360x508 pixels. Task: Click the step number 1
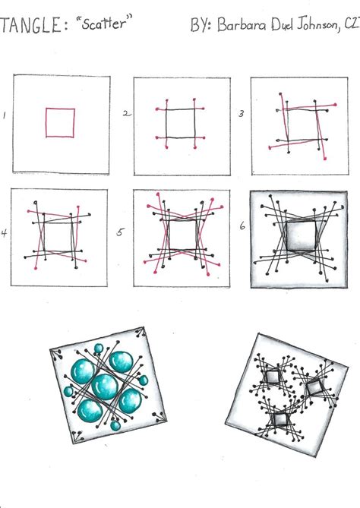click(x=5, y=117)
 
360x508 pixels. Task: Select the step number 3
click(x=241, y=115)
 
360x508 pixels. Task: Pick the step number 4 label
click(x=5, y=233)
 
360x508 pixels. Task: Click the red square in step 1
click(x=60, y=122)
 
